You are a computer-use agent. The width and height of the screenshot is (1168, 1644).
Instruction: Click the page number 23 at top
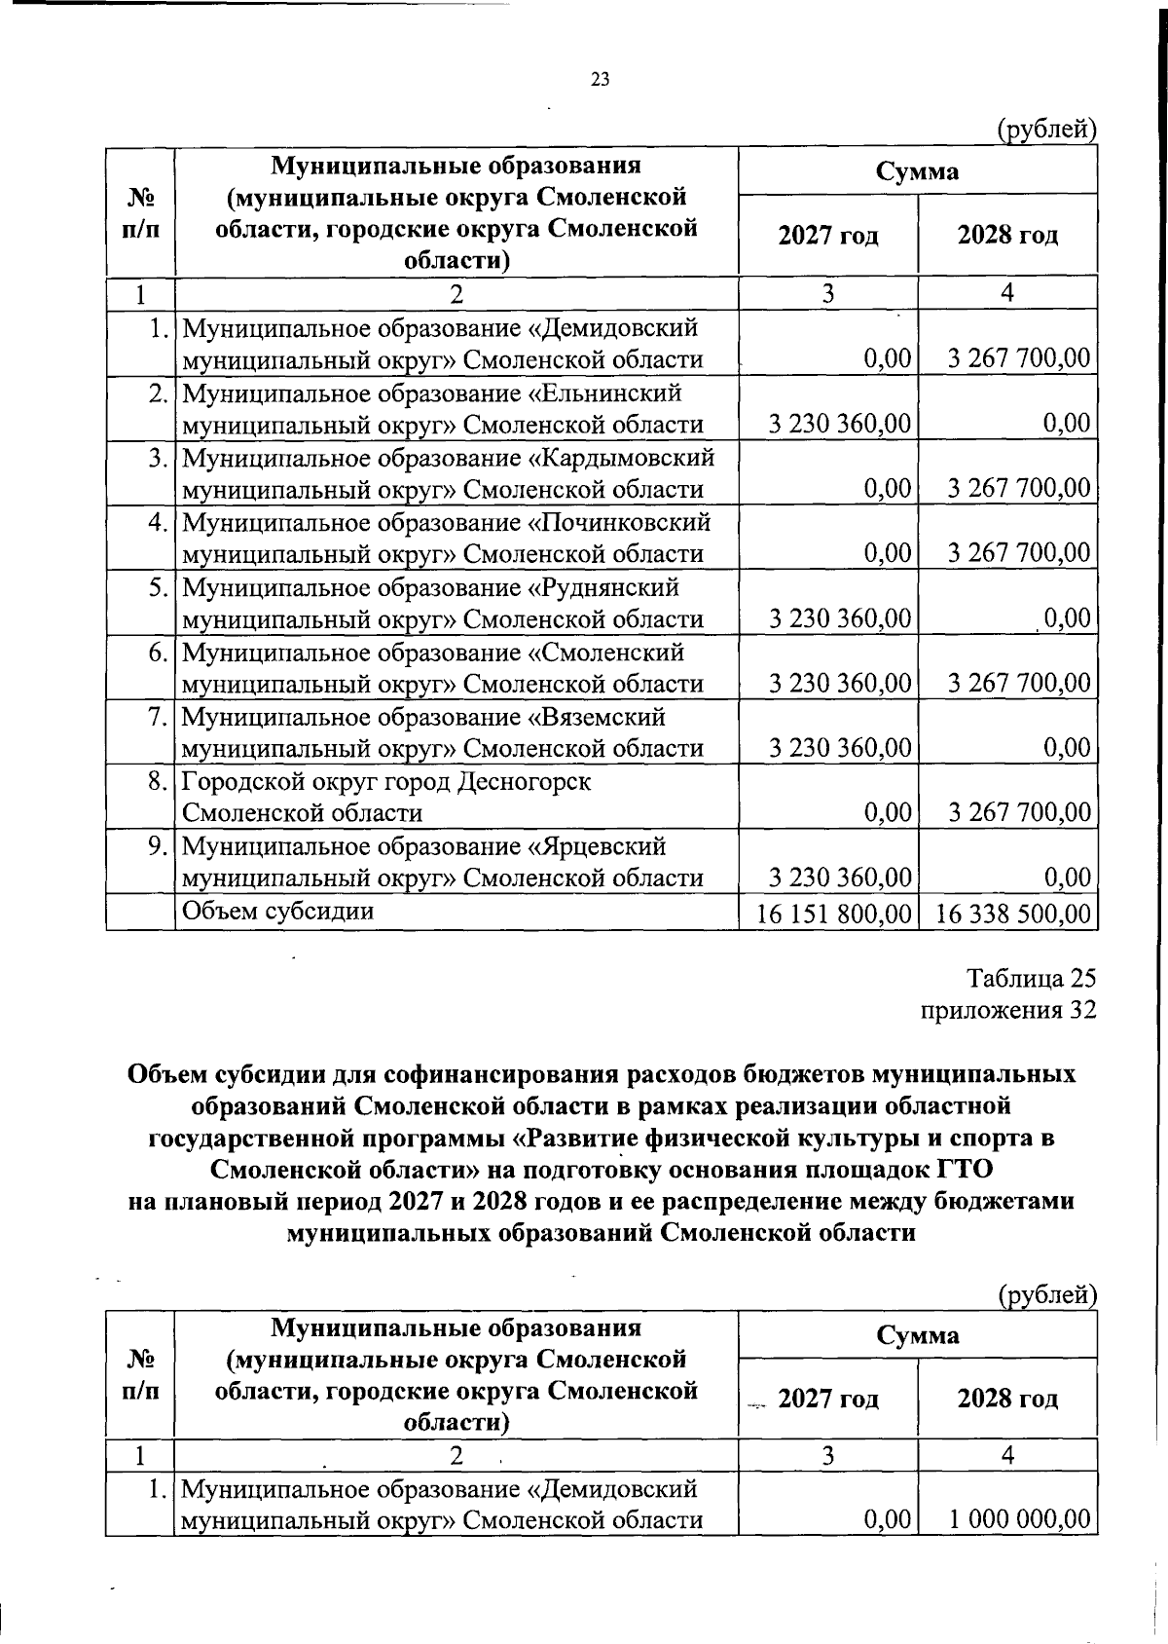point(600,80)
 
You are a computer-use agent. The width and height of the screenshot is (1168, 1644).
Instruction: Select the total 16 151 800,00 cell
point(835,914)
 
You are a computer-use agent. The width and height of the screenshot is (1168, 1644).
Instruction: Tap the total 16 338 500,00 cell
point(1012,914)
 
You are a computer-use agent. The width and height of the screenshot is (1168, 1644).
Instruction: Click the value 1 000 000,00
point(1020,1519)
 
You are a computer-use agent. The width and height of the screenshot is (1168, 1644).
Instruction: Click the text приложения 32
point(1008,1010)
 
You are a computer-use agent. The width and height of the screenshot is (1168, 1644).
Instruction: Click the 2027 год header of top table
point(828,237)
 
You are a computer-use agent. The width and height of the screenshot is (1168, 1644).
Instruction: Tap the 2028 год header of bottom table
point(1007,1400)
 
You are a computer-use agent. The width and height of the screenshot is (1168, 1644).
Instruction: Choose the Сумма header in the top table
point(917,171)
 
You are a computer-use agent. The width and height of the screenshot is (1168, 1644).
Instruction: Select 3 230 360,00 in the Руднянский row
point(840,618)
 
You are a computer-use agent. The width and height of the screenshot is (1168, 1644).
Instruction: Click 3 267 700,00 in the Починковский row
point(1019,553)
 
